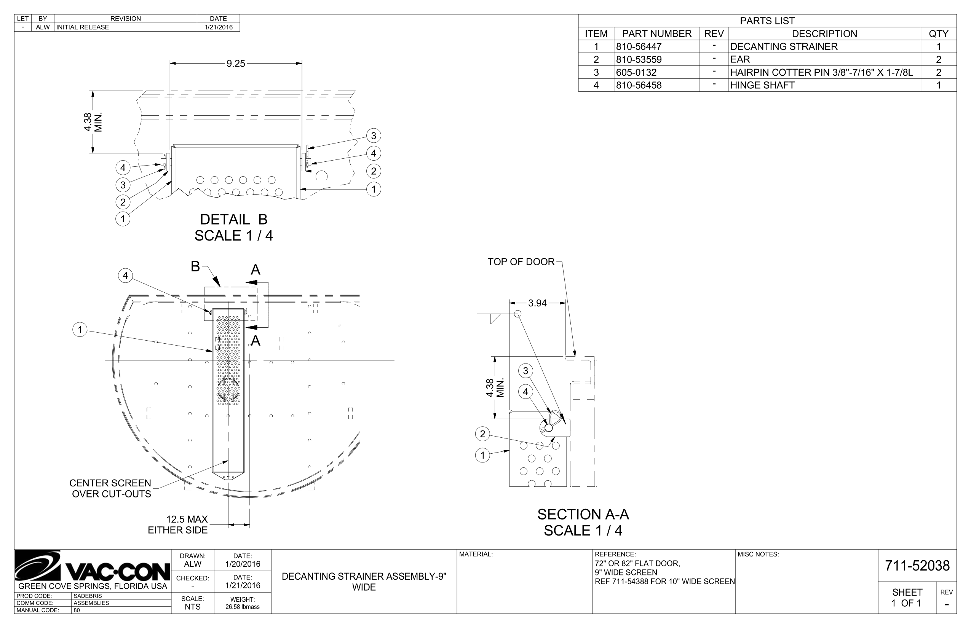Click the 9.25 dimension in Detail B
236,64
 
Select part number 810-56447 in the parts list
639,46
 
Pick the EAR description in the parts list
740,59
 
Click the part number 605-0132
636,73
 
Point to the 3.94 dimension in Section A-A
537,303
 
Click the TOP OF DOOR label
521,262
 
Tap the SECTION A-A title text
583,514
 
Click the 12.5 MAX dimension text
187,519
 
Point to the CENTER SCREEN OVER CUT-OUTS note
111,488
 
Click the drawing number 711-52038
917,566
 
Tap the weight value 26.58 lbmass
242,607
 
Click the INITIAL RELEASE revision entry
83,27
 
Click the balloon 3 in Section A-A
525,371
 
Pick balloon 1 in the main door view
80,330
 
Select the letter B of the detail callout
195,266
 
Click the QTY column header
938,33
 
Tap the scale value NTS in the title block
193,607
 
